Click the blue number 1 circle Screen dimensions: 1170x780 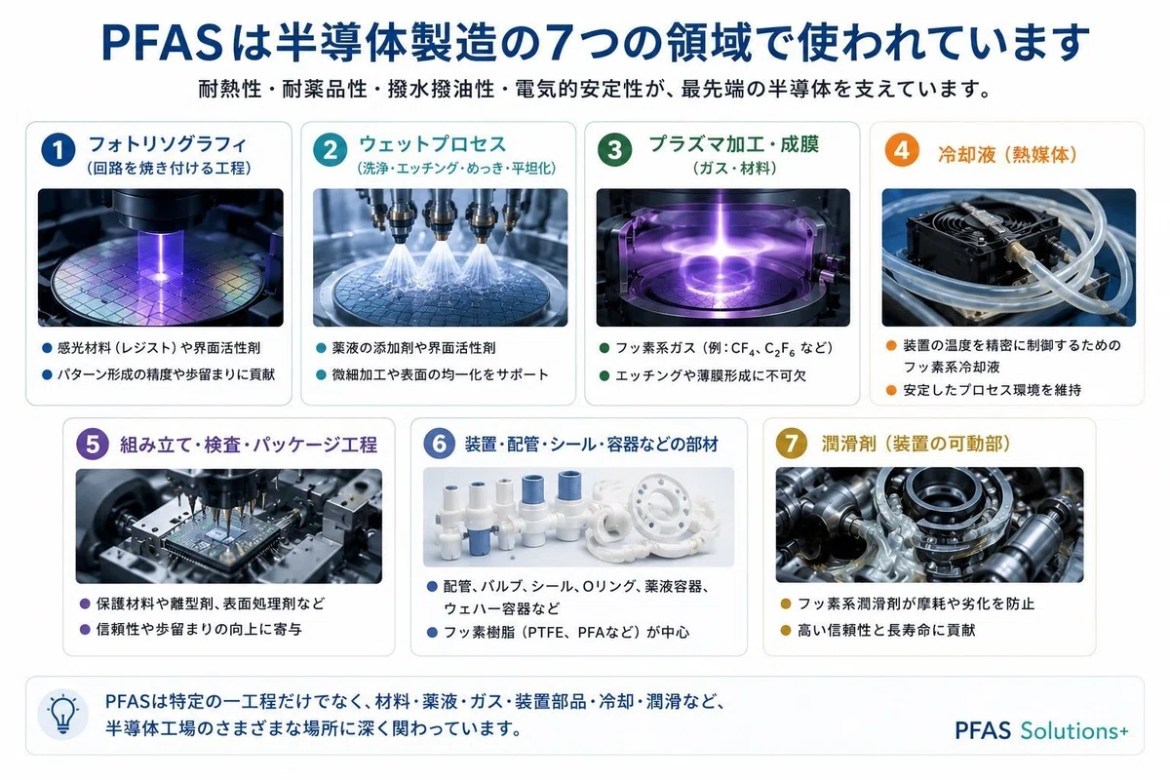click(x=58, y=150)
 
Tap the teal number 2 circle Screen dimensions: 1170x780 click(x=331, y=150)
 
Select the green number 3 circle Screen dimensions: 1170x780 click(x=615, y=150)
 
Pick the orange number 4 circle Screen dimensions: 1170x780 click(x=902, y=150)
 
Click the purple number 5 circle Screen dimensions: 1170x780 click(x=93, y=444)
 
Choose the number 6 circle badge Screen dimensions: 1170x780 click(x=440, y=444)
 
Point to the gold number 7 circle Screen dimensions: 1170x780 click(x=792, y=443)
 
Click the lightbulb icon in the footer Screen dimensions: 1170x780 click(x=63, y=714)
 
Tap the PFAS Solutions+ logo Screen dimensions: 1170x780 click(x=1041, y=730)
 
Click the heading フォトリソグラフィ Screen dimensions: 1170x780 click(x=167, y=143)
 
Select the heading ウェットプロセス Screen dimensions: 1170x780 click(x=433, y=143)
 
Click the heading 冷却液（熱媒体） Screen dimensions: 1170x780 click(x=1007, y=155)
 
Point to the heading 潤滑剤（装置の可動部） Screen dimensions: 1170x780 click(x=916, y=444)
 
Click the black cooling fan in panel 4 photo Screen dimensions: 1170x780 click(x=985, y=238)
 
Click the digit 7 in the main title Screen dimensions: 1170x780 click(x=558, y=43)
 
